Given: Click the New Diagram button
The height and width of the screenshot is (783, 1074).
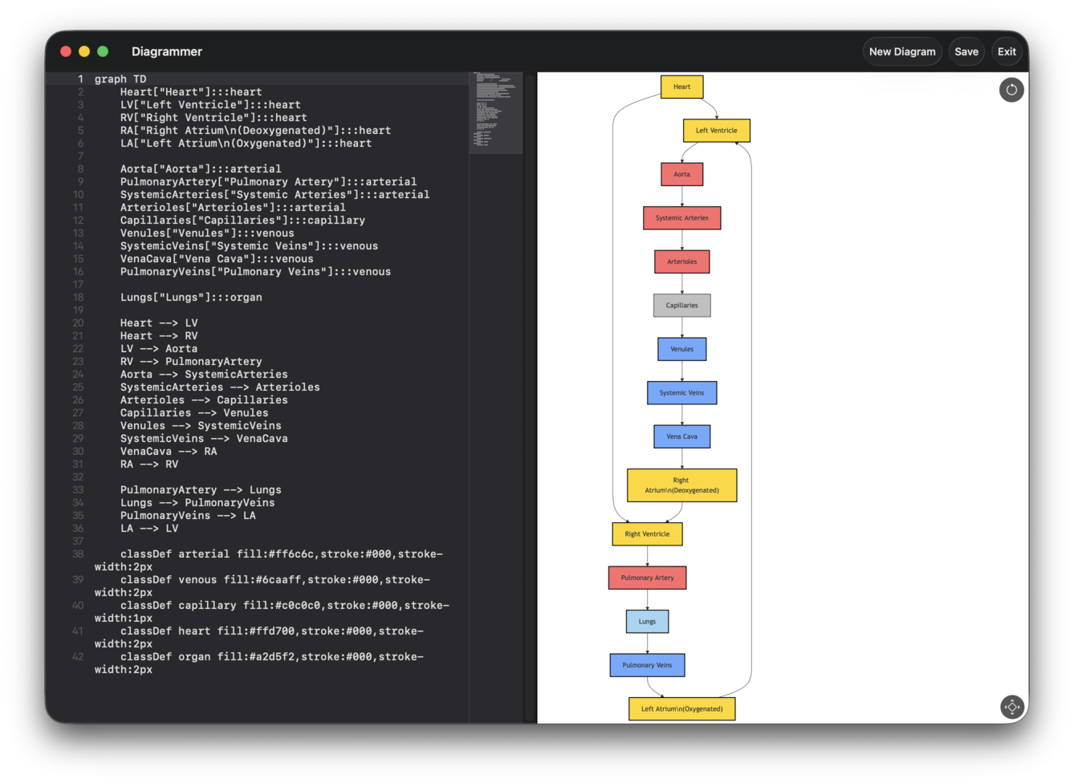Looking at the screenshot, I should coord(901,51).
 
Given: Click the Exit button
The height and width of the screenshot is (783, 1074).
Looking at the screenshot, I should coord(1007,51).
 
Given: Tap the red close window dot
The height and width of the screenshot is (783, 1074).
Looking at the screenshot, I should coord(66,51).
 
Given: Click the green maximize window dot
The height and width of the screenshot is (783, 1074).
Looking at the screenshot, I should coord(103,51).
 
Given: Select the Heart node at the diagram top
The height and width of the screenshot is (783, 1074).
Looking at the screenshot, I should coord(681,87).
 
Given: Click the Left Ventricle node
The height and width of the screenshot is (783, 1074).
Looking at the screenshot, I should coord(716,130).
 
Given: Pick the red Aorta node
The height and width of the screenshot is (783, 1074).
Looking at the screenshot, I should coord(681,174).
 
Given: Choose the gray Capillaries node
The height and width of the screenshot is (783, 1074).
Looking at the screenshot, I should coord(681,305).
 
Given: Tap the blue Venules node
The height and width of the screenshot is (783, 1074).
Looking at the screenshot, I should coord(681,349).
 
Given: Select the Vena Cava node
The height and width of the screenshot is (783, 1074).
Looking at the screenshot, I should coord(681,436).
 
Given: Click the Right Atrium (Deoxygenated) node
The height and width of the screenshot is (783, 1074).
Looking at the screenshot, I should coord(681,485).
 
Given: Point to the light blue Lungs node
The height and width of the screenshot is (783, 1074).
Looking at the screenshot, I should coord(647,621).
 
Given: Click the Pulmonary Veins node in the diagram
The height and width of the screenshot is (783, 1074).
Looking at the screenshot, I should coord(647,665).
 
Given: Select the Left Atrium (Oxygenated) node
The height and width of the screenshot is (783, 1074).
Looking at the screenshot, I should coord(681,708).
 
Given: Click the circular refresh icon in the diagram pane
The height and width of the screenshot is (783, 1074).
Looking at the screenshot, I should coord(1011,90).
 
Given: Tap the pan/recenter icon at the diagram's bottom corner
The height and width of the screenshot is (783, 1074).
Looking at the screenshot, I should coord(1012,707).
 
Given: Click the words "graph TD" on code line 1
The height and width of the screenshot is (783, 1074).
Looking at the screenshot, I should coord(120,79).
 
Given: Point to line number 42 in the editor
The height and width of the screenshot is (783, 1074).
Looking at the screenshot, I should coord(78,656).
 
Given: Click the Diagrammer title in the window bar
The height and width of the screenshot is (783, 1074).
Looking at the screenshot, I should coord(167,51).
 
